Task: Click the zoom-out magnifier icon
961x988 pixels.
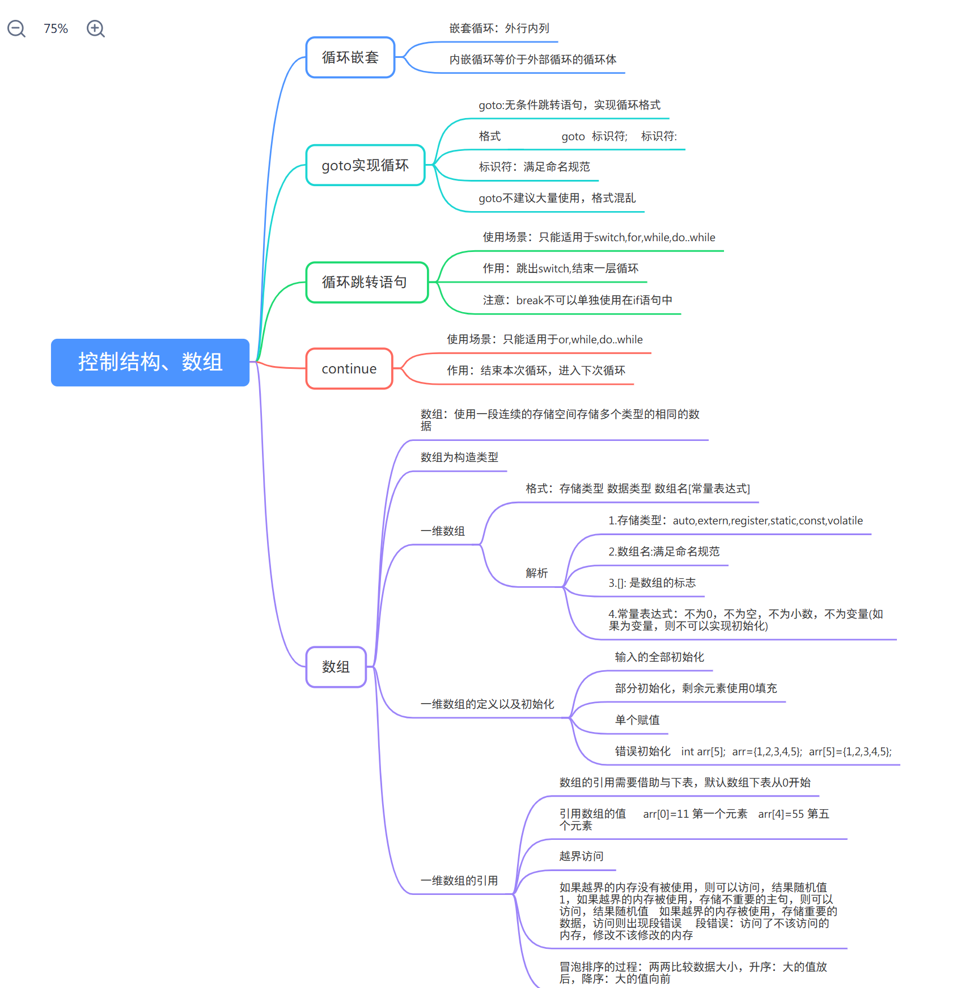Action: [x=16, y=28]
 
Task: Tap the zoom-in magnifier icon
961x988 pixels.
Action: [x=95, y=28]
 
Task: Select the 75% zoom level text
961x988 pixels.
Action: [x=56, y=29]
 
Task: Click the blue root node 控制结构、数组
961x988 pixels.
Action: [x=150, y=362]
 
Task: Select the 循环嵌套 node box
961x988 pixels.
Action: [x=350, y=57]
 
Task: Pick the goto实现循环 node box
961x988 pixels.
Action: [x=365, y=165]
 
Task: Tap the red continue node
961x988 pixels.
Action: [x=349, y=369]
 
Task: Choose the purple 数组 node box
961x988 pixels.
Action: [x=336, y=667]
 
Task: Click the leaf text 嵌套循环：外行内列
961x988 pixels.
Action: [x=499, y=28]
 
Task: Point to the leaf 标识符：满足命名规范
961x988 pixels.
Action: [x=534, y=167]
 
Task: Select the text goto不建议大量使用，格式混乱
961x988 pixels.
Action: [x=557, y=198]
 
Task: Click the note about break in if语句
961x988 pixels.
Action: [x=577, y=300]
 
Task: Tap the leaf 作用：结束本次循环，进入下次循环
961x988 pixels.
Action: [x=536, y=371]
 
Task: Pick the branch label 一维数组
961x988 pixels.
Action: [x=442, y=531]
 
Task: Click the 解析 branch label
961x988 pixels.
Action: [x=536, y=573]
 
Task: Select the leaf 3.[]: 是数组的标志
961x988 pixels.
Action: [x=651, y=583]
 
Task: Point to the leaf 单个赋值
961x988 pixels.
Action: [x=637, y=720]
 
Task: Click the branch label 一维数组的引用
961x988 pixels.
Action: [x=459, y=881]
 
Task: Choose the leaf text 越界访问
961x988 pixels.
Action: [x=581, y=856]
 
